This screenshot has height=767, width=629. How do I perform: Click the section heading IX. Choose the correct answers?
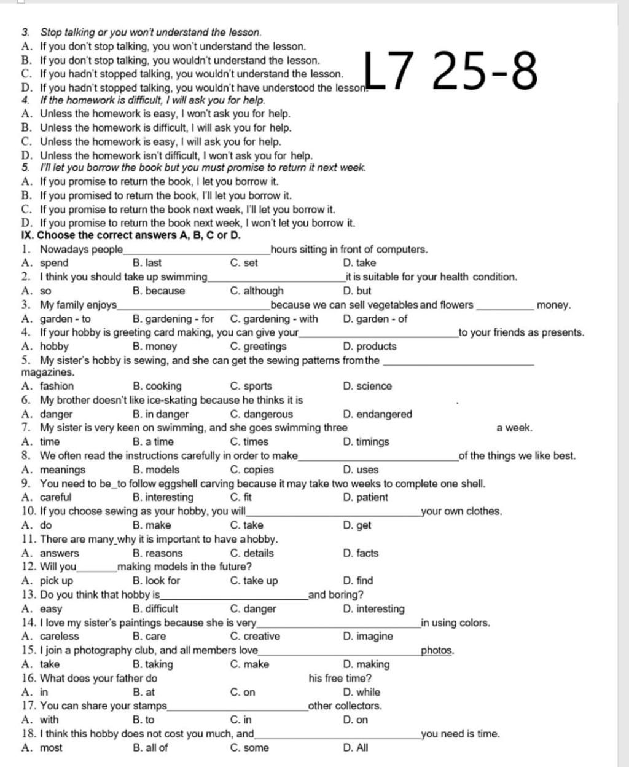point(131,235)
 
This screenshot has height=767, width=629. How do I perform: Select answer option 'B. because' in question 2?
point(158,291)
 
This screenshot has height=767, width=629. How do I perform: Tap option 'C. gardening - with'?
point(274,318)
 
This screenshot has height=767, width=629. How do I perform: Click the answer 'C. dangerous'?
point(261,414)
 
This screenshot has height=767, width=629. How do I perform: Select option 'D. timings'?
point(366,441)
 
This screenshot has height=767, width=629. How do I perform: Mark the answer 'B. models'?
point(156,470)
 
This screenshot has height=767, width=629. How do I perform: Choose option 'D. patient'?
point(365,497)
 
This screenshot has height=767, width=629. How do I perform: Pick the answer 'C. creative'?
point(255,636)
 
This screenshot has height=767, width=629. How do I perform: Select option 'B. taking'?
point(152,664)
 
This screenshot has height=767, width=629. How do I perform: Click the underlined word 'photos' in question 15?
point(437,650)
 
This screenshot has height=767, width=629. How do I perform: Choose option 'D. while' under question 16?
point(362,692)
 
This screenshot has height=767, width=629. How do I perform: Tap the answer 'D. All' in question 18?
point(356,747)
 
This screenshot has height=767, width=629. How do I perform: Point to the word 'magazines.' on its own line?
point(47,372)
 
